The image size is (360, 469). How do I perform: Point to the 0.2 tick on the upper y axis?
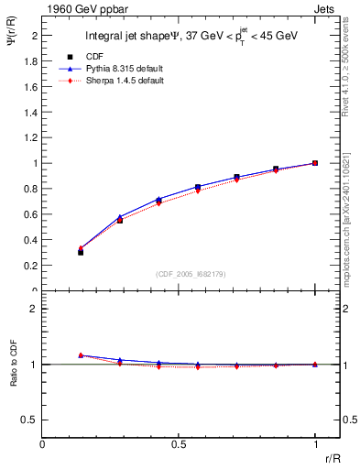[x=31, y=266]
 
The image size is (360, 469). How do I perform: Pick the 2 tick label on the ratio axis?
[x=35, y=309]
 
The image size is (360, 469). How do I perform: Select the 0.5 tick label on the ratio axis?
[x=31, y=420]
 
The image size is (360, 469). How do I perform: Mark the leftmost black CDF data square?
[x=81, y=251]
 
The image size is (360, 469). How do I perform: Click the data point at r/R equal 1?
[x=315, y=163]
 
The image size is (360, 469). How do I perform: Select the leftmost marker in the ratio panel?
[x=81, y=355]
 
